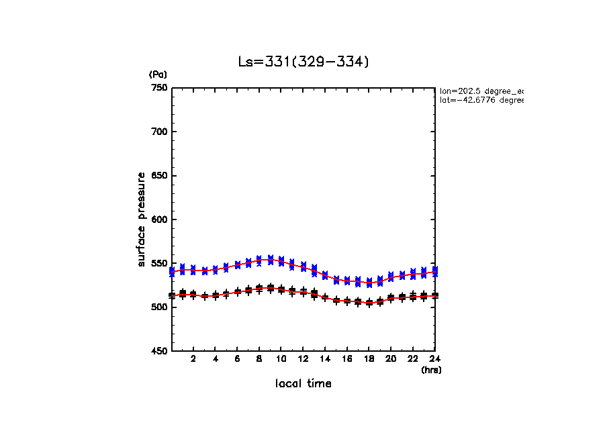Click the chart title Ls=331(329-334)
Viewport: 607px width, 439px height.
(x=303, y=62)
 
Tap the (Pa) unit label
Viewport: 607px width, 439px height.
(x=158, y=75)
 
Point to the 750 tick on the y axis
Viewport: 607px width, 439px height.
(x=159, y=88)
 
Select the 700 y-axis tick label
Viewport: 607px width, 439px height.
(x=159, y=132)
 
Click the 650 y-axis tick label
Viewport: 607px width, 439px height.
(x=159, y=176)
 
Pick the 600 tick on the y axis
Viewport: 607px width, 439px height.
(x=159, y=220)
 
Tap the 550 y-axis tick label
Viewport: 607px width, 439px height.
(x=159, y=263)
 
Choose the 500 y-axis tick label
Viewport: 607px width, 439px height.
(x=159, y=307)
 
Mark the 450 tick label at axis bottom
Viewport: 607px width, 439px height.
(x=159, y=351)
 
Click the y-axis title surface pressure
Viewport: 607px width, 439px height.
(x=142, y=219)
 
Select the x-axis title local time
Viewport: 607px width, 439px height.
(x=303, y=384)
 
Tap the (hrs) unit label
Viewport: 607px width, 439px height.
(x=431, y=370)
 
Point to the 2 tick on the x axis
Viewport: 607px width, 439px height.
(x=193, y=359)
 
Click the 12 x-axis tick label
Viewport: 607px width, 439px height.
(x=303, y=359)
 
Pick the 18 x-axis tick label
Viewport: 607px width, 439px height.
(x=369, y=359)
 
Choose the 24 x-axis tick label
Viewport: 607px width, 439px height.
(x=434, y=359)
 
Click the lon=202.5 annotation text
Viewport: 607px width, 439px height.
(x=481, y=91)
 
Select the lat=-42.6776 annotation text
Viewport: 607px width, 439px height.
(x=481, y=100)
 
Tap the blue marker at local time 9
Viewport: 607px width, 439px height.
(x=270, y=260)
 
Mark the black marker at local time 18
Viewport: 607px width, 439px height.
(x=369, y=303)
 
